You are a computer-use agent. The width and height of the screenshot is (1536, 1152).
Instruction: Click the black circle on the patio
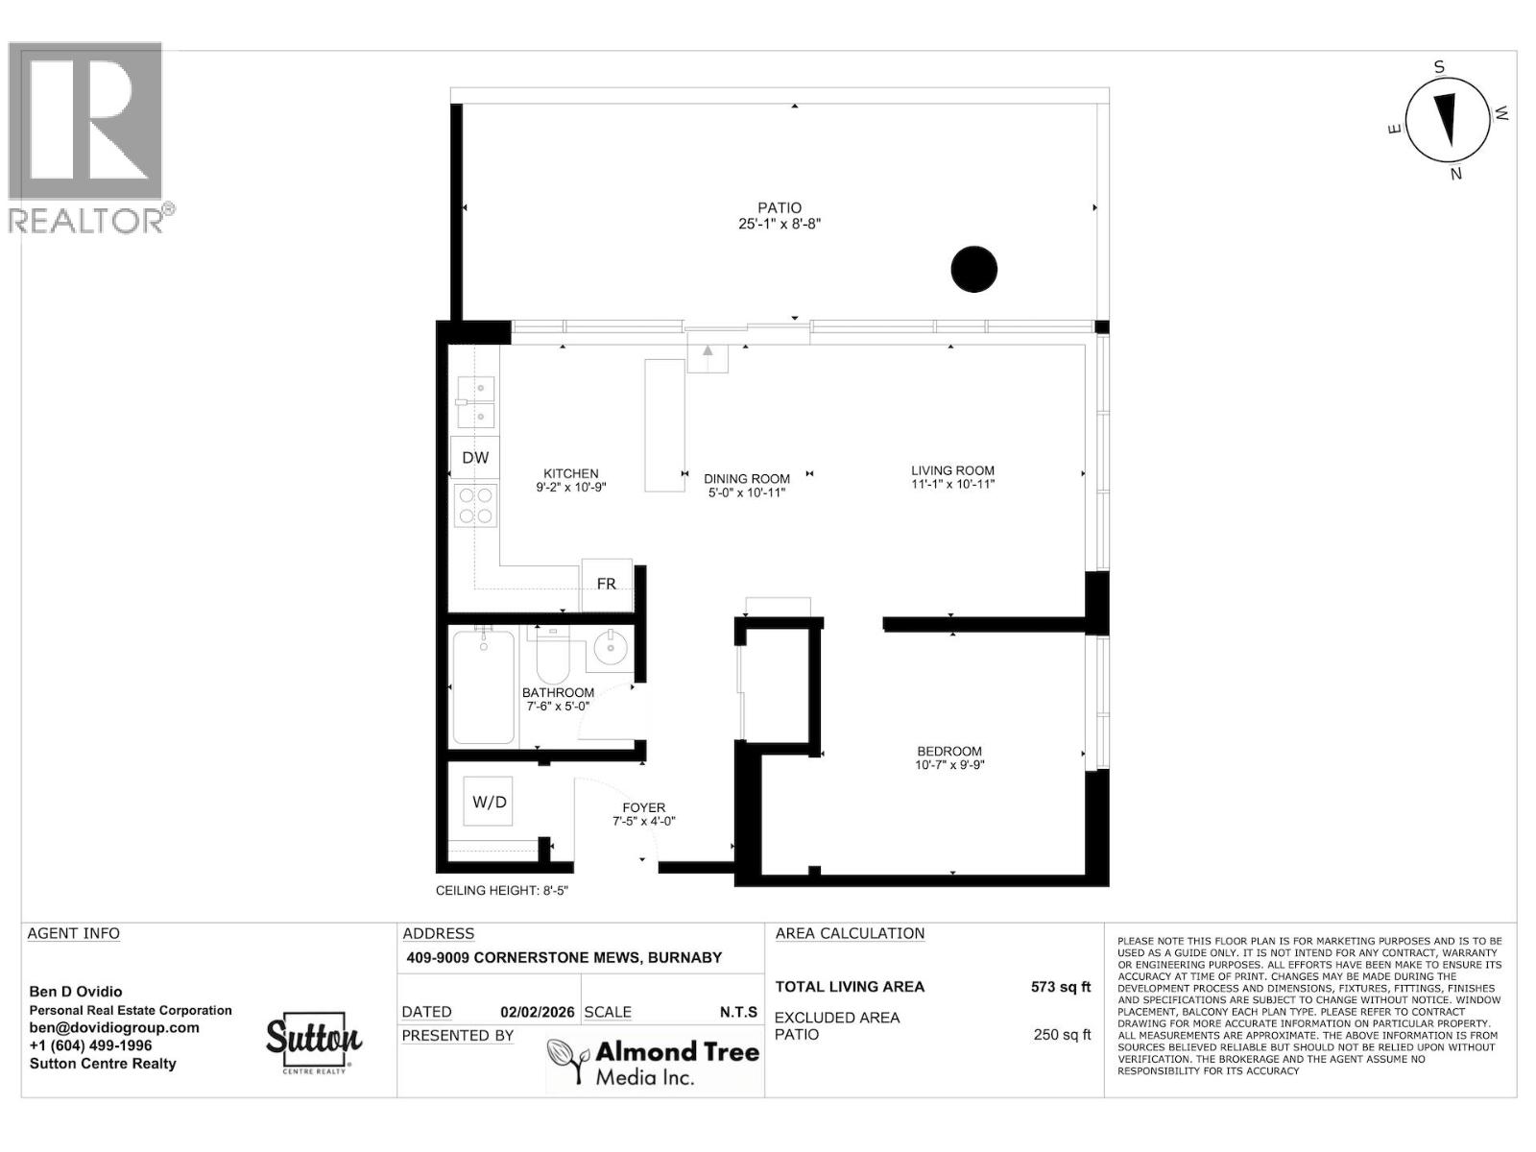coord(973,270)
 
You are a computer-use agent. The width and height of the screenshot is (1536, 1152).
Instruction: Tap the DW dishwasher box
coord(475,457)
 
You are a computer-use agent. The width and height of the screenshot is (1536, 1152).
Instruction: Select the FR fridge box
coord(607,584)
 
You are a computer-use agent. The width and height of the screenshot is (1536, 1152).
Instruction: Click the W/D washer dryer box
coord(489,802)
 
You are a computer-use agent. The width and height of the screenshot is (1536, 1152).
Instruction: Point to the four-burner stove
coord(475,506)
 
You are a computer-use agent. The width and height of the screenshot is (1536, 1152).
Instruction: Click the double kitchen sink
coord(475,402)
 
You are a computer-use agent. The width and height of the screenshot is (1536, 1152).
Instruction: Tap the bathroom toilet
coord(552,655)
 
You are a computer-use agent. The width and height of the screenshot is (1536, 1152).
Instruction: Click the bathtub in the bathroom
coord(483,687)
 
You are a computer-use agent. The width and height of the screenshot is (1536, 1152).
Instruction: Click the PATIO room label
coord(779,207)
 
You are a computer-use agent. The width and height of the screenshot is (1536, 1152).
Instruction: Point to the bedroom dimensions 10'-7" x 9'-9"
coord(949,765)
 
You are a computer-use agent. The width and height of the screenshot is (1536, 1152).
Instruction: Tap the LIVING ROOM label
coord(952,470)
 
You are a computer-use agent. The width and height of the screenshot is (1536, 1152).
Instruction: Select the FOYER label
coord(643,807)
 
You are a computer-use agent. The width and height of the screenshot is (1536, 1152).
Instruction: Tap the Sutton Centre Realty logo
coord(313,1042)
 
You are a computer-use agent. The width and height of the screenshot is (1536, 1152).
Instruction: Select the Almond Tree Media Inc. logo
coord(653,1063)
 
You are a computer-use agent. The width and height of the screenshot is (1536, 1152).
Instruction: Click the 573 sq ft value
coord(1061,987)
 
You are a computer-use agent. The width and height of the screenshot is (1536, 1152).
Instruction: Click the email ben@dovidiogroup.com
coord(114,1027)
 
